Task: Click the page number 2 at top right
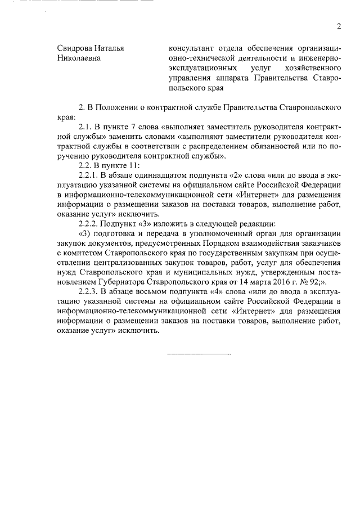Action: click(339, 26)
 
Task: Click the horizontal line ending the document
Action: click(199, 354)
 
